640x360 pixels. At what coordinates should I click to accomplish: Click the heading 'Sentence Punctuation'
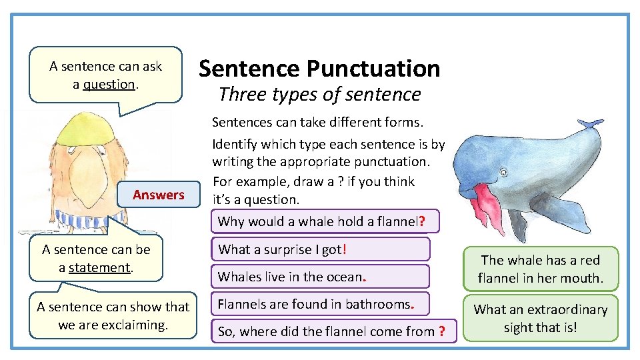(x=319, y=68)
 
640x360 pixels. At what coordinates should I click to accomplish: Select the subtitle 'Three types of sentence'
(x=319, y=95)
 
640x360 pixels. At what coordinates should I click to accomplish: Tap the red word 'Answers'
(x=158, y=195)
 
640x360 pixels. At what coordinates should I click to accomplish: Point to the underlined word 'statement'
(x=99, y=267)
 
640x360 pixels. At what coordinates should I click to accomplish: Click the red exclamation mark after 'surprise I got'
(x=343, y=249)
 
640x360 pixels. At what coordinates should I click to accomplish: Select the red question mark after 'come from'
(x=441, y=331)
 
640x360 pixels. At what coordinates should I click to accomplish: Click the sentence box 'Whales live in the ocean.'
(x=320, y=276)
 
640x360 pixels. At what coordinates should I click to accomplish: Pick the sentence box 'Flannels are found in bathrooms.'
(x=320, y=305)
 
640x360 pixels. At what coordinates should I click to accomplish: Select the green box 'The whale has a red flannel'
(x=540, y=269)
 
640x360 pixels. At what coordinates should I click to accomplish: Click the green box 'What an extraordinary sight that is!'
(x=540, y=319)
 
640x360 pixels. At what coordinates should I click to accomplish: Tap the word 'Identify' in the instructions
(x=234, y=144)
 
